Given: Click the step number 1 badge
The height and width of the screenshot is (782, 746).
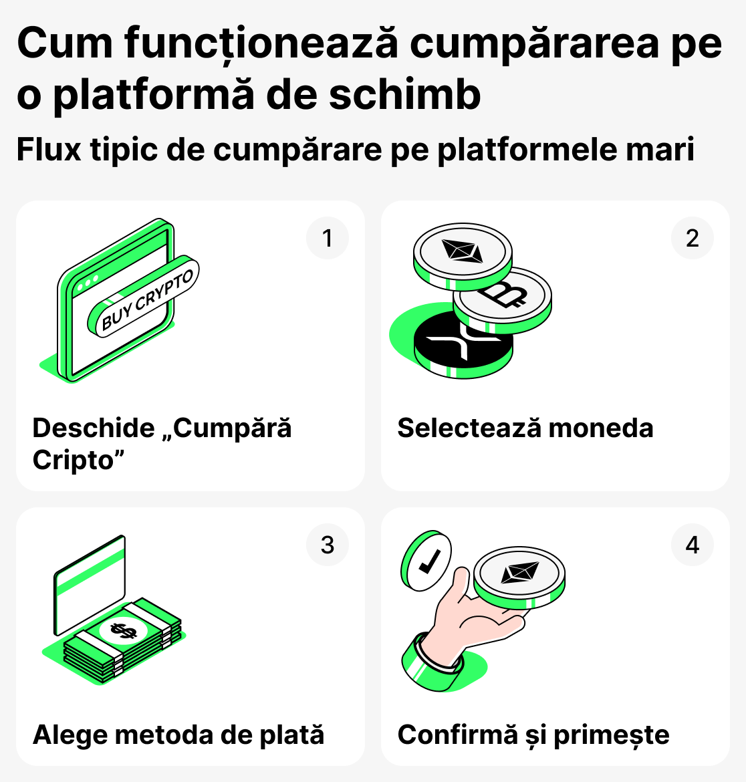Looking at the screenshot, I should click(x=328, y=239).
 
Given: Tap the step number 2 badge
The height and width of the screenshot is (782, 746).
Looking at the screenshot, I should click(x=693, y=239).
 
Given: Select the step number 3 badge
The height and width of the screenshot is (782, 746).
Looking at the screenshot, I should click(x=328, y=545).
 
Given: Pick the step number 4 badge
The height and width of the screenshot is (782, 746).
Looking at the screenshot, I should click(x=693, y=545).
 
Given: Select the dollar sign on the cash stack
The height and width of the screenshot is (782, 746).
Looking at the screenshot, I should click(x=123, y=630).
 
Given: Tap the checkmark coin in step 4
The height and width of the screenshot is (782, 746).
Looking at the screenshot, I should click(x=426, y=563).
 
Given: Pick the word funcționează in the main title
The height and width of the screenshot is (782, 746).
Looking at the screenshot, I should click(x=261, y=44).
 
